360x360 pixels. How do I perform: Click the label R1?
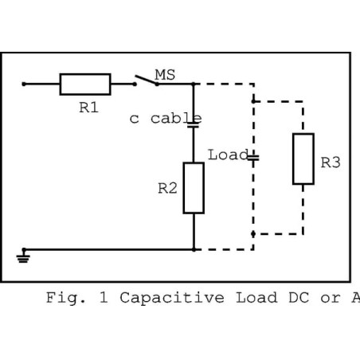pos(89,108)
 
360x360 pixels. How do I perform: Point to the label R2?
pos(167,189)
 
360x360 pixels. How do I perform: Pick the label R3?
pos(331,162)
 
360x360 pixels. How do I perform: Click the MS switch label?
pos(165,75)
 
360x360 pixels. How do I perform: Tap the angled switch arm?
pos(146,80)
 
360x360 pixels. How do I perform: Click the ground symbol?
pos(23,256)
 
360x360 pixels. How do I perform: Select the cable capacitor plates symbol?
pos(194,125)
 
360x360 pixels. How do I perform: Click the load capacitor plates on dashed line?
pos(253,158)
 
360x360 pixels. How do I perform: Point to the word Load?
pos(228,155)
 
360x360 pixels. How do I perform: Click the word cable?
pos(176,119)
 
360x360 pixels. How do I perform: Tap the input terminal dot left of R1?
pos(24,84)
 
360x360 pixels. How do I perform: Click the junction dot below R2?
pos(194,249)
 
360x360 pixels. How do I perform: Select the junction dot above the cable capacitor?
pos(194,84)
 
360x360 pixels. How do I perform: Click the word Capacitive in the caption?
pos(172,298)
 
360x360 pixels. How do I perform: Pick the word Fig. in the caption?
pos(66,298)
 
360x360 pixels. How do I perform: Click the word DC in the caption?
pos(299,298)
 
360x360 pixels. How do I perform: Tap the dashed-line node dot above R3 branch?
pos(253,101)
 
